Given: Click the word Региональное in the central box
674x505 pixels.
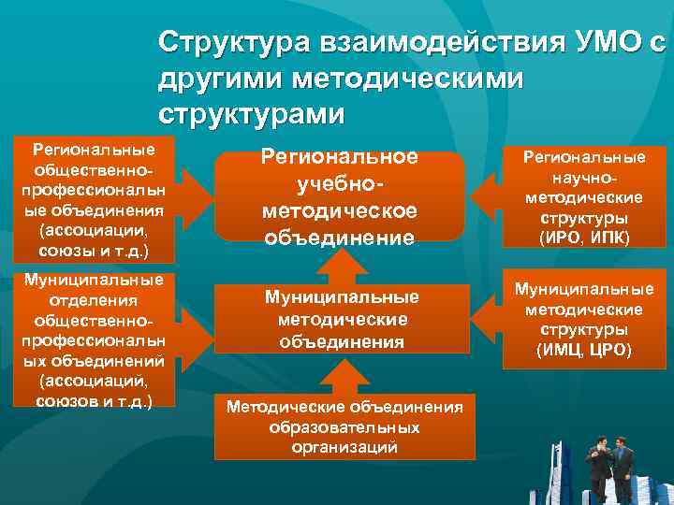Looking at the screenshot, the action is tap(341, 158).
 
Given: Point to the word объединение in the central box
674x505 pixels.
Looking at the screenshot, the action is tap(340, 237).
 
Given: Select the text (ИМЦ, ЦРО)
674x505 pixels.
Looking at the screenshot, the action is tap(584, 351).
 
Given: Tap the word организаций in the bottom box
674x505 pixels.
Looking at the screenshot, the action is tap(345, 447).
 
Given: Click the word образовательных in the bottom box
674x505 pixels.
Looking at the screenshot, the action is tap(345, 426).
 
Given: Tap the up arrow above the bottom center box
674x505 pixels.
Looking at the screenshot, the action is tap(340, 374).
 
